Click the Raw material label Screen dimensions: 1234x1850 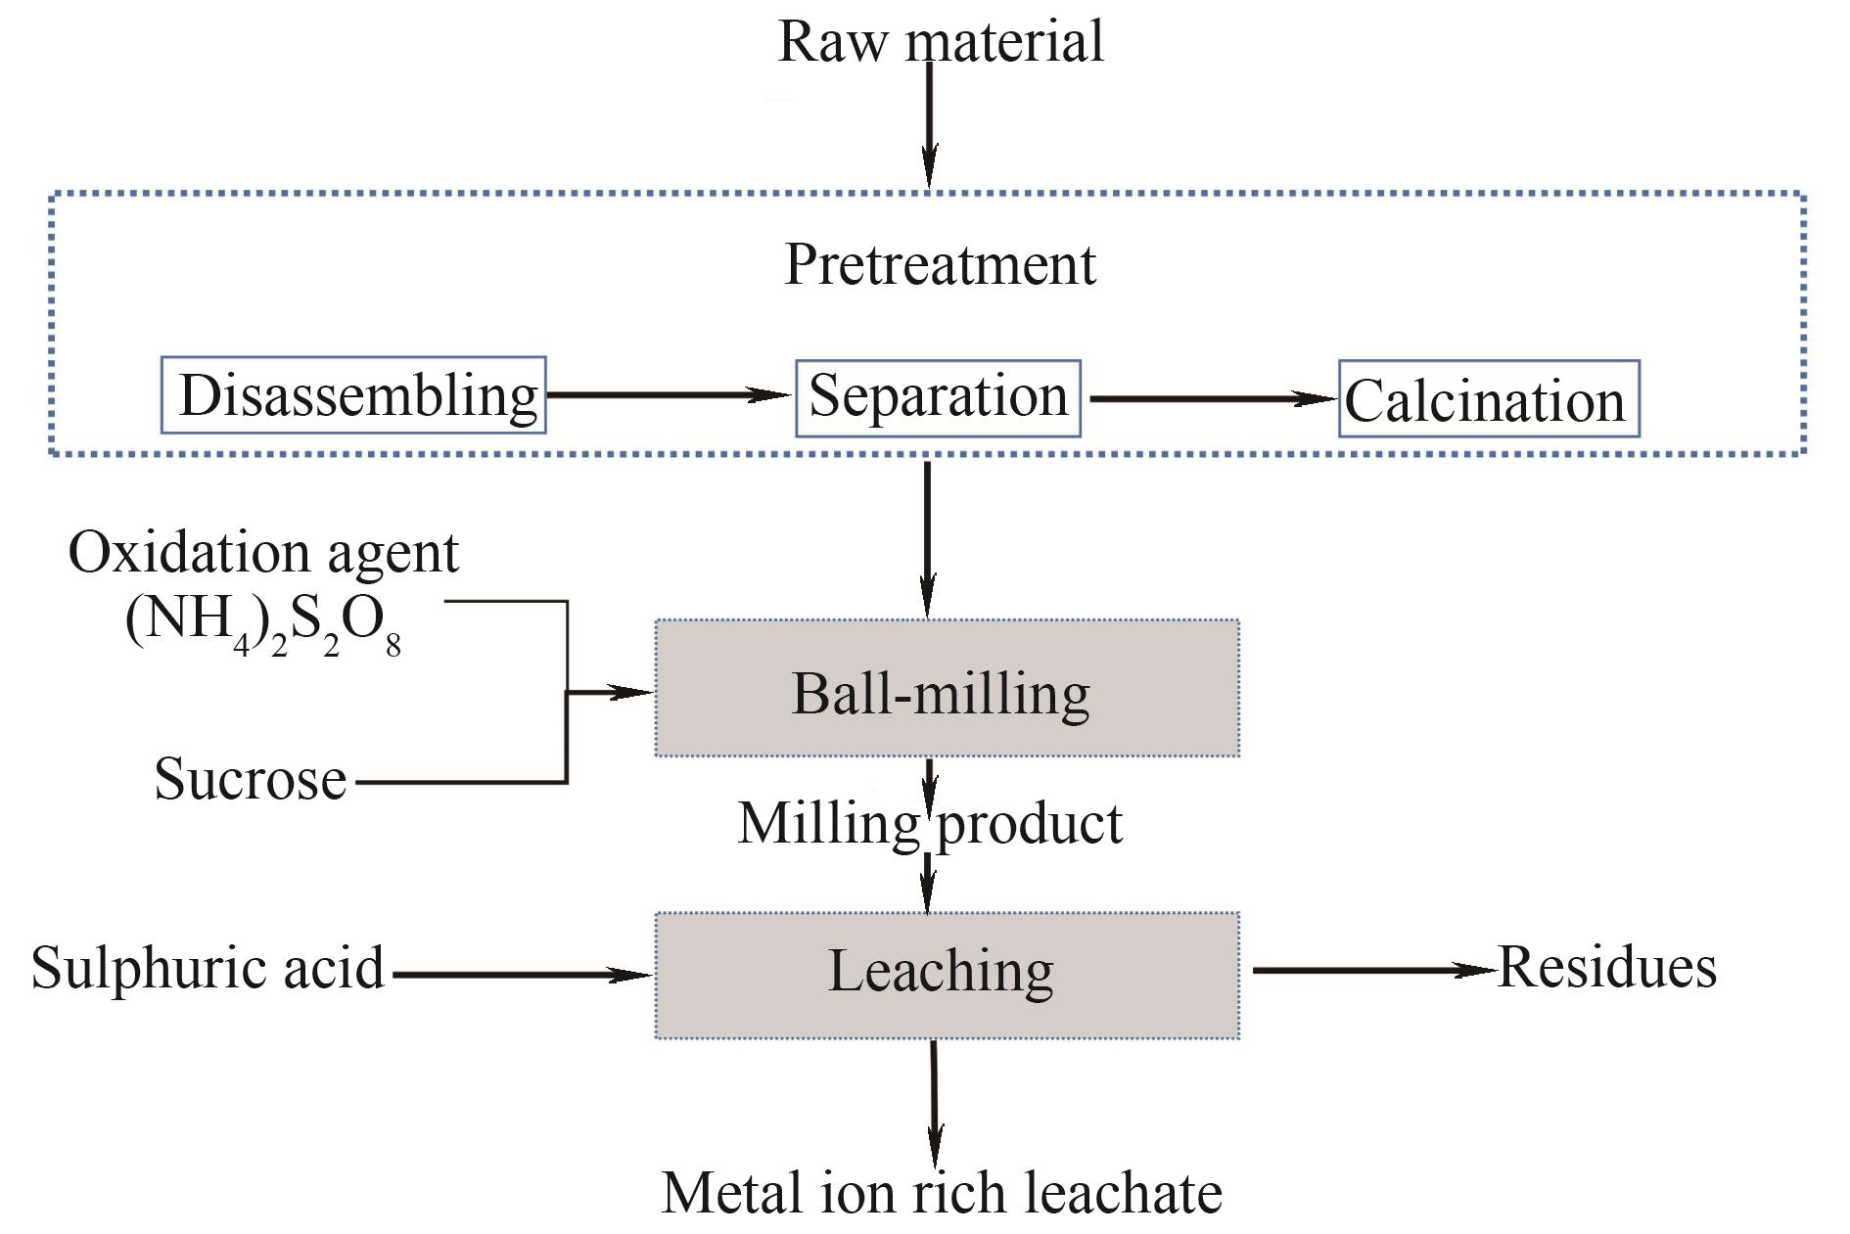[x=940, y=42]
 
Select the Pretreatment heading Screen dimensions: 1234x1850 [x=940, y=264]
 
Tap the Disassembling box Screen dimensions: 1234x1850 [x=353, y=395]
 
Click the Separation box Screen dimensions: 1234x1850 [x=938, y=397]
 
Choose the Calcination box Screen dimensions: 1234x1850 [x=1488, y=399]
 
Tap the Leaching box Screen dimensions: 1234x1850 [x=947, y=975]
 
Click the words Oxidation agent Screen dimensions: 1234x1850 [x=263, y=553]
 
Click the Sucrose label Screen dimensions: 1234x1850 [x=251, y=780]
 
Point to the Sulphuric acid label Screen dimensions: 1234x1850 [x=208, y=968]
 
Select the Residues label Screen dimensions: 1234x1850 [x=1607, y=968]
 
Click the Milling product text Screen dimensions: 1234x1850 [x=929, y=824]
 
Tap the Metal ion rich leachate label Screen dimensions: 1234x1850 [x=942, y=1193]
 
